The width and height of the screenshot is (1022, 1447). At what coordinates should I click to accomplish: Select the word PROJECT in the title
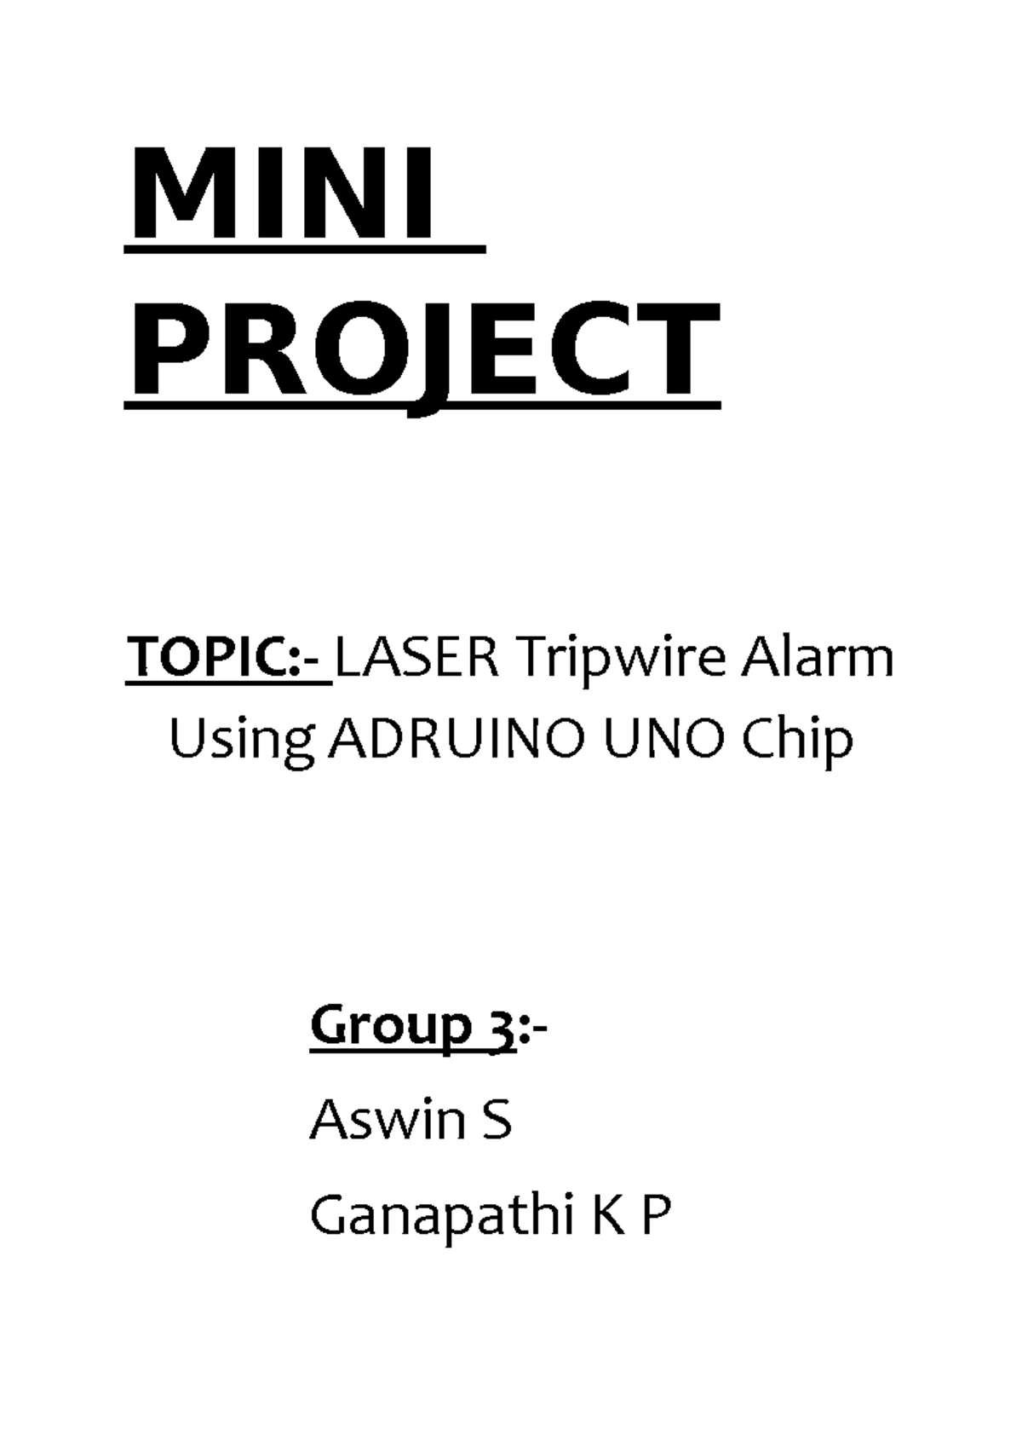422,350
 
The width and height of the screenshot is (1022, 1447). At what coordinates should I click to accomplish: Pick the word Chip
797,740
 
